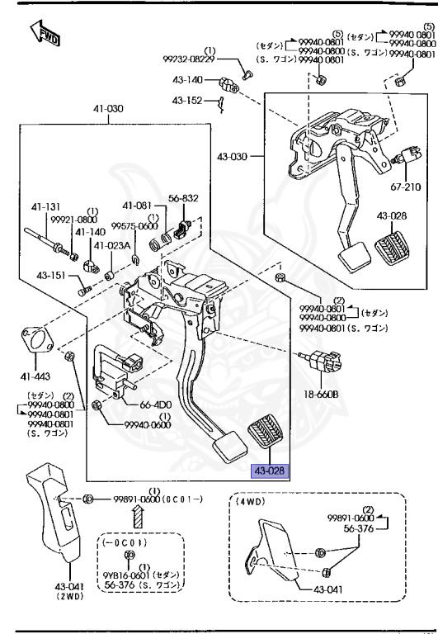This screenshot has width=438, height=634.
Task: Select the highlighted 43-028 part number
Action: [x=271, y=471]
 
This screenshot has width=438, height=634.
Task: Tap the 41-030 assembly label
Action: [x=107, y=108]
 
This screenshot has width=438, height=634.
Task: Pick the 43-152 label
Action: [x=187, y=100]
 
